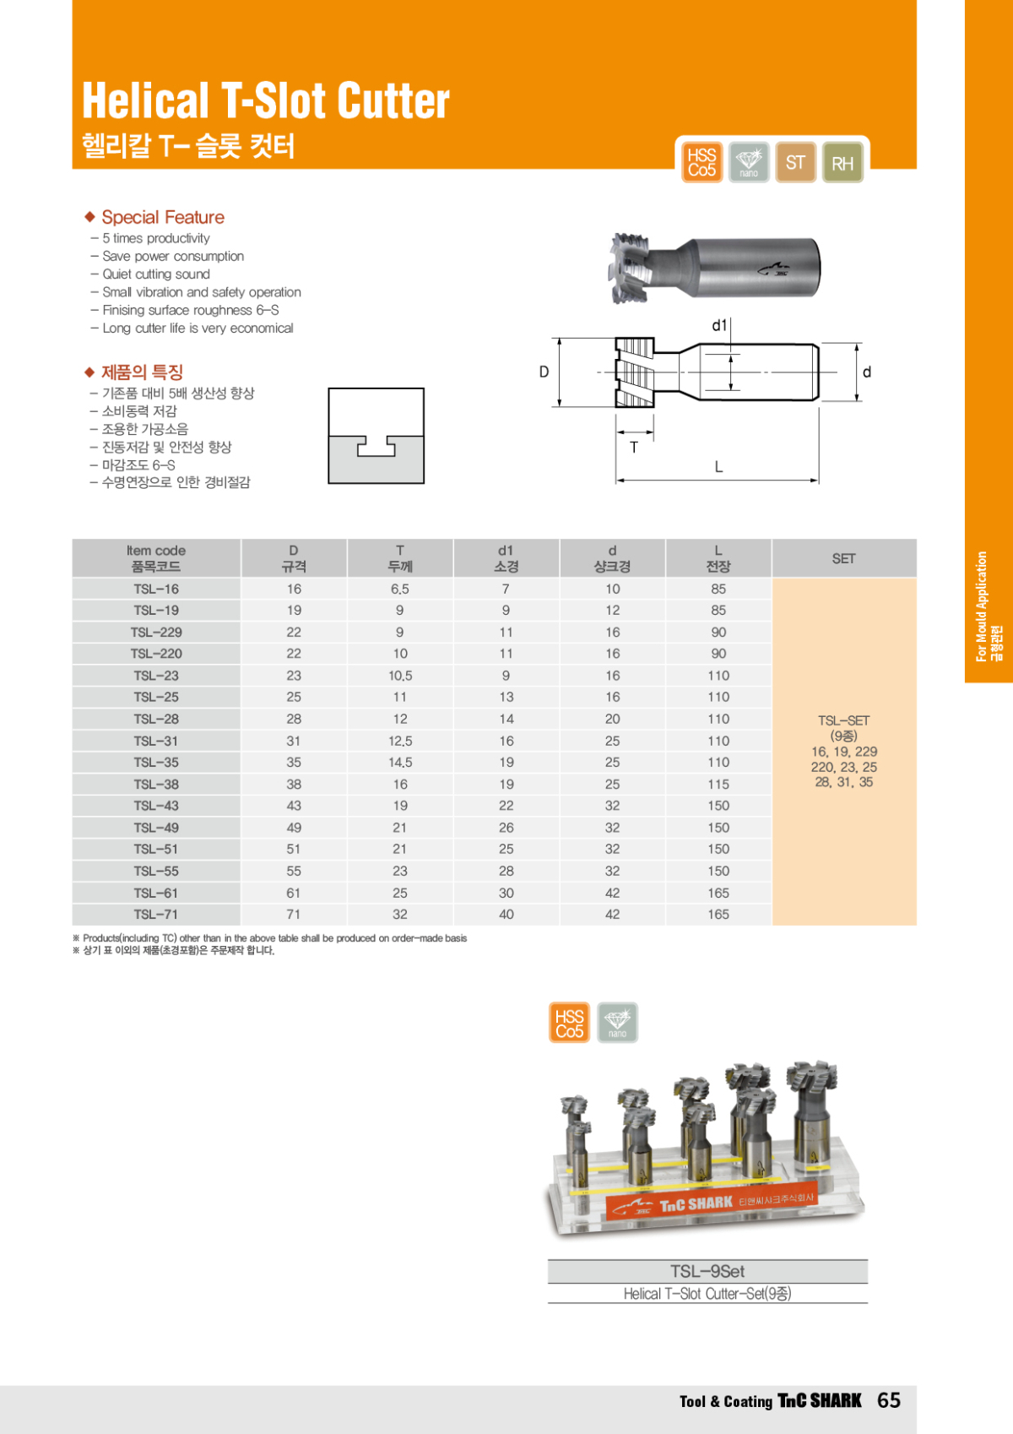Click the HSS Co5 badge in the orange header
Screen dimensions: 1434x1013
(x=702, y=162)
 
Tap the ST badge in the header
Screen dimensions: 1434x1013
(x=795, y=162)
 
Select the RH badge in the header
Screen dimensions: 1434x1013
(x=842, y=163)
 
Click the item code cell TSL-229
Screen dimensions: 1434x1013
(x=156, y=632)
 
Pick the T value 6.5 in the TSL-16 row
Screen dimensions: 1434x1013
(x=400, y=589)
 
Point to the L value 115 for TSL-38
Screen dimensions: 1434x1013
(x=718, y=784)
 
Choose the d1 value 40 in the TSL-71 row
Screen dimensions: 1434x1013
(x=506, y=914)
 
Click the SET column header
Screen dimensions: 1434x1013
(x=843, y=558)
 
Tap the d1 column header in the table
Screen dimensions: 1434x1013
(x=506, y=558)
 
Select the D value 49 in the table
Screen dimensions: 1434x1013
(x=293, y=828)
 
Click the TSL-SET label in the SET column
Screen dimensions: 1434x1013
(x=843, y=720)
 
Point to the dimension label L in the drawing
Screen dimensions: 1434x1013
(x=718, y=466)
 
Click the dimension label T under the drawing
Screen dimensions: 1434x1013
(x=634, y=448)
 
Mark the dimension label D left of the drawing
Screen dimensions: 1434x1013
(x=544, y=372)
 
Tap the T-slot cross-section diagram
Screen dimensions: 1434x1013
(x=376, y=436)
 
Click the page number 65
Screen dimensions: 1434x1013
(x=889, y=1400)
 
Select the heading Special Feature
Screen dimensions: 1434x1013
(x=163, y=217)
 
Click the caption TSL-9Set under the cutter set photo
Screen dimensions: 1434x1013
(x=707, y=1271)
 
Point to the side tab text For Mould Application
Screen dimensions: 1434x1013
(x=982, y=606)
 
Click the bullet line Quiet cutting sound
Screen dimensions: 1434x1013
(x=156, y=274)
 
